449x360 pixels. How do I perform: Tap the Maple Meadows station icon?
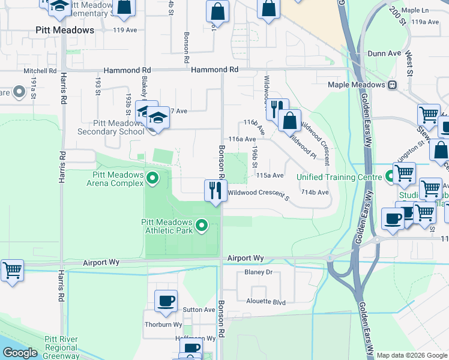393,85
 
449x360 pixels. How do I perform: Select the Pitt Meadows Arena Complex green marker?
152,178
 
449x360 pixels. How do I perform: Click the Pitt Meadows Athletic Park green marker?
202,226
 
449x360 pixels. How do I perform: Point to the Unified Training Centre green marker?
390,177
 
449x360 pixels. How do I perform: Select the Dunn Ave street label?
385,53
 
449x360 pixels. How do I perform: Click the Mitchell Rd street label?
40,71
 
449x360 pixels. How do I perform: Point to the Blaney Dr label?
259,272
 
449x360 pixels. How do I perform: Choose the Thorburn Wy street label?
163,325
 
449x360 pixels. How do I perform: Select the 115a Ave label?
270,176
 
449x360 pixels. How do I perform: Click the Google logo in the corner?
20,353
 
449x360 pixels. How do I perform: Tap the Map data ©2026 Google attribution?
411,355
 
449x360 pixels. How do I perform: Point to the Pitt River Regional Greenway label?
61,347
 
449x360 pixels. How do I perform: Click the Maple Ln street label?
415,10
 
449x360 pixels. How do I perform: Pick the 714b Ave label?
315,192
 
